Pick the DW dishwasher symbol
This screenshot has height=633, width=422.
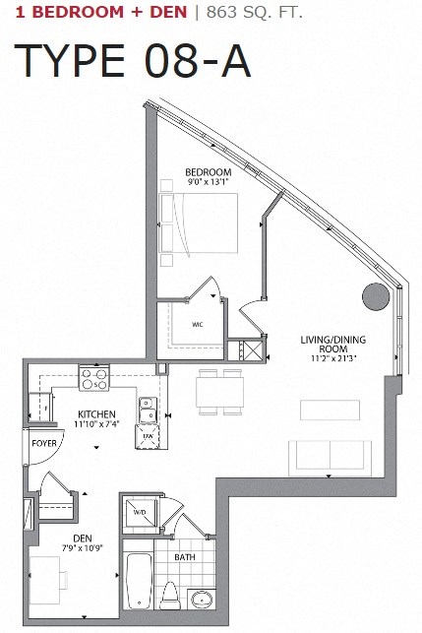(x=149, y=435)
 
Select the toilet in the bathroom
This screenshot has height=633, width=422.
(x=172, y=594)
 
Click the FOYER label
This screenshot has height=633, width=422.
(x=43, y=444)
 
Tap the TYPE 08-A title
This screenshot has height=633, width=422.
(x=132, y=61)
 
